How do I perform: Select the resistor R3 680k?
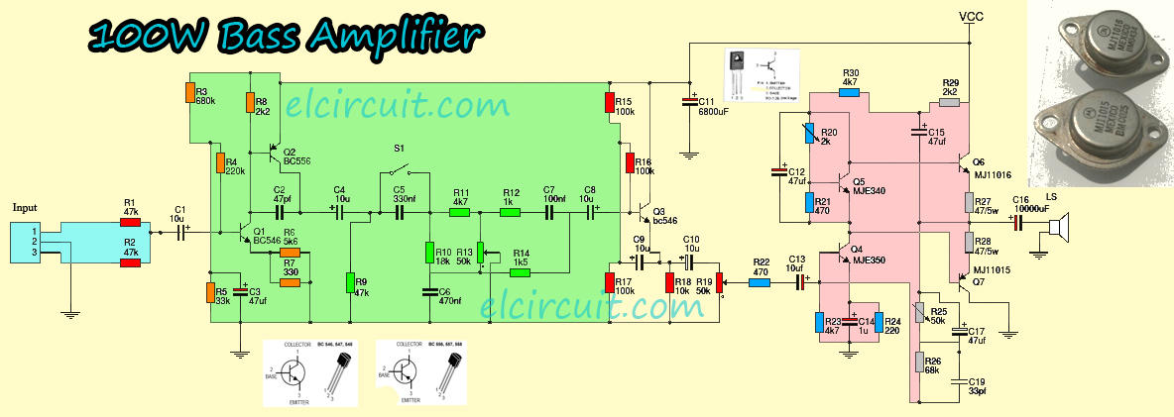point(189,92)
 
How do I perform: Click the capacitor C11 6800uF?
point(690,102)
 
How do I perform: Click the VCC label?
point(971,17)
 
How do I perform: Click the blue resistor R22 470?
point(760,282)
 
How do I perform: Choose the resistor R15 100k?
point(610,102)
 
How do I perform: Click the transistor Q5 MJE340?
point(836,183)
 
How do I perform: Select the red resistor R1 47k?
point(130,223)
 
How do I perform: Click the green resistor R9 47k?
point(350,282)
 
